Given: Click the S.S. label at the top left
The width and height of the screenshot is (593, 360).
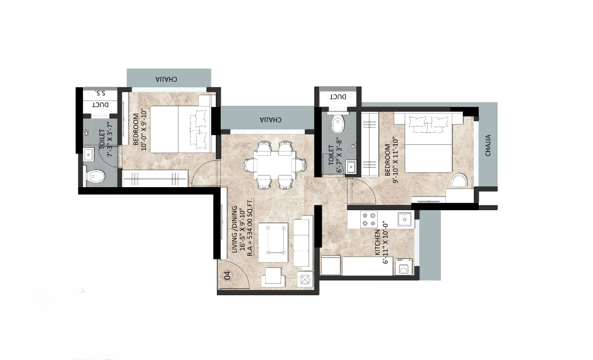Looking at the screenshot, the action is [100, 93].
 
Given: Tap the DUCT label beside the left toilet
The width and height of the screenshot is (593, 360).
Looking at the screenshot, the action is [101, 105].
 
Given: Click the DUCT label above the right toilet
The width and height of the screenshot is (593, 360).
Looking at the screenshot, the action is [338, 97].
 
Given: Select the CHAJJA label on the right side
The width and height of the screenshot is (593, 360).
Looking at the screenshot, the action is [488, 145].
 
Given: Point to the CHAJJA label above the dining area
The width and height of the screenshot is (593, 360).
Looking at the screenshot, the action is [270, 120].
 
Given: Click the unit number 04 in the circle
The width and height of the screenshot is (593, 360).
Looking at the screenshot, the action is [227, 275].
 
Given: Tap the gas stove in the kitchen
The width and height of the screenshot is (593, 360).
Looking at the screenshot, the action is [370, 220].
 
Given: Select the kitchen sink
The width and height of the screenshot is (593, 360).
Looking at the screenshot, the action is [404, 220].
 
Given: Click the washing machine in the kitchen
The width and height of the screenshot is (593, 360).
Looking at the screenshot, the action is [404, 267].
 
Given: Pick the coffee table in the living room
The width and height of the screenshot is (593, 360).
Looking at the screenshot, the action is [273, 243].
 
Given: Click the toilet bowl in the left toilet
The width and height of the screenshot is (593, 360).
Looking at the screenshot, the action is [96, 177].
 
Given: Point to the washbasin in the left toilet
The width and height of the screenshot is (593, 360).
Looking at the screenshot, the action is [88, 154].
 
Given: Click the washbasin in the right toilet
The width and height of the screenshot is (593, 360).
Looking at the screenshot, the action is [350, 167].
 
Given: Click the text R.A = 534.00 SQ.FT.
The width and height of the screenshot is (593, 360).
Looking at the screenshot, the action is [250, 227].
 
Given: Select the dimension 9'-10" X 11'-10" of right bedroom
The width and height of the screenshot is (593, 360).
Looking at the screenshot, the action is [395, 161].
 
